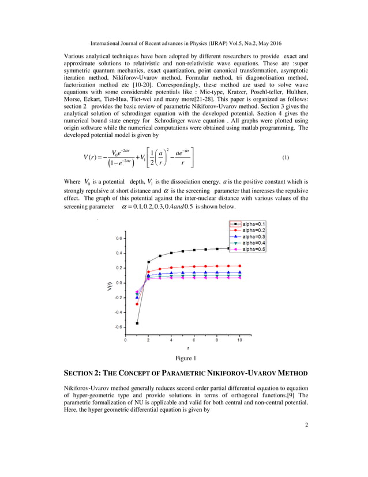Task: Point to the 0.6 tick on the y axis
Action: [x=118, y=238]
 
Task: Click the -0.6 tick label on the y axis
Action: [x=117, y=327]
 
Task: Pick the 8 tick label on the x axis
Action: [x=217, y=340]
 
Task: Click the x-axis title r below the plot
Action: [x=188, y=349]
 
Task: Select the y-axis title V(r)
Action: [x=109, y=284]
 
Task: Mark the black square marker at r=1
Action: [x=137, y=323]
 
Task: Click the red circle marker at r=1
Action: [x=137, y=304]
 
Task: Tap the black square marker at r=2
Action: [x=149, y=262]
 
